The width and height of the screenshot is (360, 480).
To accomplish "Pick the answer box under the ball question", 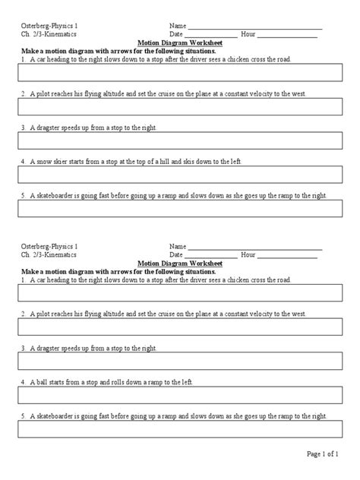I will (x=179, y=396).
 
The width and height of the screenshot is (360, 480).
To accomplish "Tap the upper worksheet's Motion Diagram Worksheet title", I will (x=179, y=43).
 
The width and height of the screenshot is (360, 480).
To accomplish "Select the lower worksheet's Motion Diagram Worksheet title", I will (x=179, y=264).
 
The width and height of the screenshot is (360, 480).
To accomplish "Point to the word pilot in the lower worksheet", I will (x=44, y=313).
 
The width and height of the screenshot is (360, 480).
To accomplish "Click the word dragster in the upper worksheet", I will (x=52, y=128).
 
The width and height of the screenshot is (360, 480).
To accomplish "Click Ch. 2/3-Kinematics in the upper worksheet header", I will (x=46, y=35).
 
